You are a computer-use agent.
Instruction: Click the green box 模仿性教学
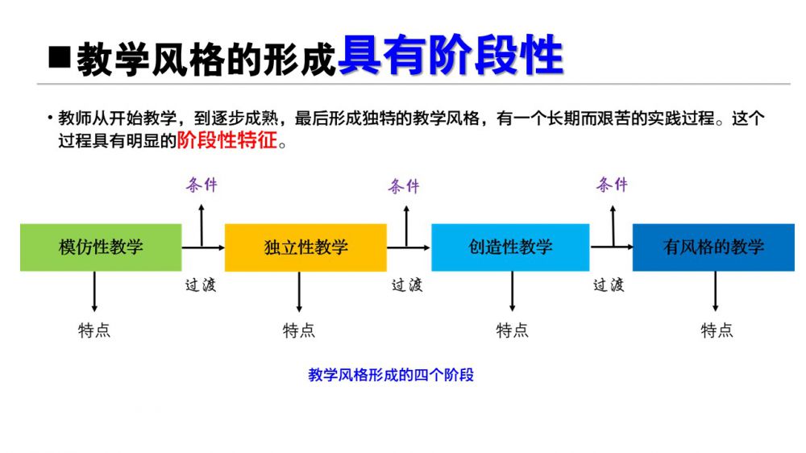(x=101, y=247)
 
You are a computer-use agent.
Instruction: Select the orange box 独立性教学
(x=305, y=247)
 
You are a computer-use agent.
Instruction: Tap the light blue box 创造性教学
(x=510, y=247)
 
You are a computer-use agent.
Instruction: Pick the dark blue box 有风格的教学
(x=713, y=247)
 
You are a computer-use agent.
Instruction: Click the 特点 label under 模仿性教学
(x=94, y=330)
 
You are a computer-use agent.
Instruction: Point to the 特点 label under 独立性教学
(x=299, y=330)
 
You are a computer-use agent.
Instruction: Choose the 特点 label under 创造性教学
(x=512, y=330)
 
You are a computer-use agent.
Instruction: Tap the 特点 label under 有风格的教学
(x=717, y=330)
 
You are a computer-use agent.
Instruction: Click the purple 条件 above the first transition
(x=201, y=185)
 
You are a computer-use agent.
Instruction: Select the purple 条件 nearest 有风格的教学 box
(x=612, y=185)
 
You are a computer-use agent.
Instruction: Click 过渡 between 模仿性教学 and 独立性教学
(x=201, y=285)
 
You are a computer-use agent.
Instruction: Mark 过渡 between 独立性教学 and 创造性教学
(x=406, y=285)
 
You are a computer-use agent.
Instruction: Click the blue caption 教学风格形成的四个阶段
(x=391, y=375)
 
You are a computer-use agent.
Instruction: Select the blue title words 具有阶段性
(x=450, y=56)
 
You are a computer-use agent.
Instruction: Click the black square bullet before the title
(x=59, y=57)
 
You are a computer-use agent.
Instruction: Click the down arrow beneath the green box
(x=95, y=291)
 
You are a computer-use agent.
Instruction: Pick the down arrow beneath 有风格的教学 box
(x=716, y=291)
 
